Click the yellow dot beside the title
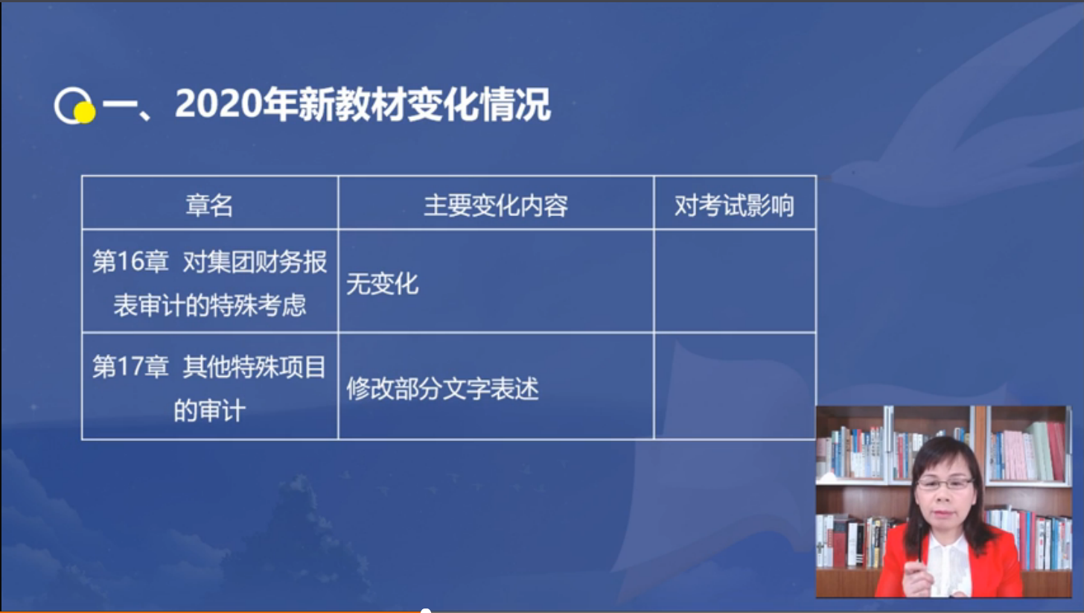85,112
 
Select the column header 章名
209,206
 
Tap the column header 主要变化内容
496,206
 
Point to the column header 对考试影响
734,206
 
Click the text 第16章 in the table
130,262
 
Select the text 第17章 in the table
130,366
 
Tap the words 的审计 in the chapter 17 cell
209,410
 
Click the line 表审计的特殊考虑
209,305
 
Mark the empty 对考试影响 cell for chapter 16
735,282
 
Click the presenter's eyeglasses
945,483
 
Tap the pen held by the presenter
920,541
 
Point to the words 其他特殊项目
255,366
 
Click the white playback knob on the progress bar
425,612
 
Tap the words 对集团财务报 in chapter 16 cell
255,262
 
